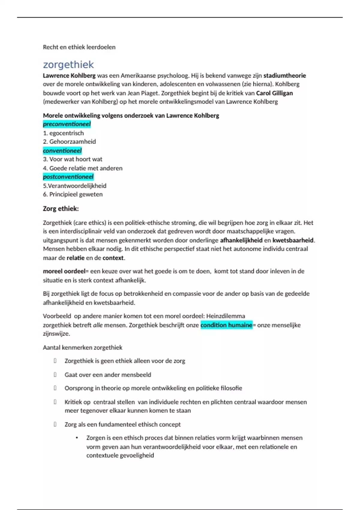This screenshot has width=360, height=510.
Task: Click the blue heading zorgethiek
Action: (x=68, y=64)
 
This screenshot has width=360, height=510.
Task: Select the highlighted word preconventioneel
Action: (x=67, y=124)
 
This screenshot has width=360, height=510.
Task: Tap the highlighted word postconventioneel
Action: (x=68, y=177)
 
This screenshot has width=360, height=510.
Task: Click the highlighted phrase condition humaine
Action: (x=226, y=325)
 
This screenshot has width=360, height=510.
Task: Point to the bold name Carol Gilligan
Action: (x=274, y=93)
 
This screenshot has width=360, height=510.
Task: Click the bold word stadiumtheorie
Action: (x=284, y=76)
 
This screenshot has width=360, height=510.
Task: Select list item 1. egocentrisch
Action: (x=63, y=133)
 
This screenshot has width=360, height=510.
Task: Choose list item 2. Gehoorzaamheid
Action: (x=69, y=142)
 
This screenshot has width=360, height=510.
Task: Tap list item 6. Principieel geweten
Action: (x=73, y=194)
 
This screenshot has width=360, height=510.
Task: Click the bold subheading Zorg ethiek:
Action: (x=61, y=209)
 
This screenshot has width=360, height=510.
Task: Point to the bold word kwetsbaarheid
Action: (x=293, y=240)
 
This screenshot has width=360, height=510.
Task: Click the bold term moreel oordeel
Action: (x=64, y=271)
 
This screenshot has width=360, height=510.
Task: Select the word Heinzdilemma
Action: (x=226, y=316)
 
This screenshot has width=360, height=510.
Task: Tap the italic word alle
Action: (x=98, y=325)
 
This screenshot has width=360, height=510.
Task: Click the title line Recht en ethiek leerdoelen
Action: (x=79, y=47)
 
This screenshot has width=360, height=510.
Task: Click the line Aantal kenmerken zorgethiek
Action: (x=82, y=347)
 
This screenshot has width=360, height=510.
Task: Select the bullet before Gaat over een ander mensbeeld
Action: (x=55, y=374)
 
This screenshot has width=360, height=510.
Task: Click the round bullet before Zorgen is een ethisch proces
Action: (x=77, y=438)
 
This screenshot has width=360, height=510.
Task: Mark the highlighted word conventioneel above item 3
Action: (x=62, y=151)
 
